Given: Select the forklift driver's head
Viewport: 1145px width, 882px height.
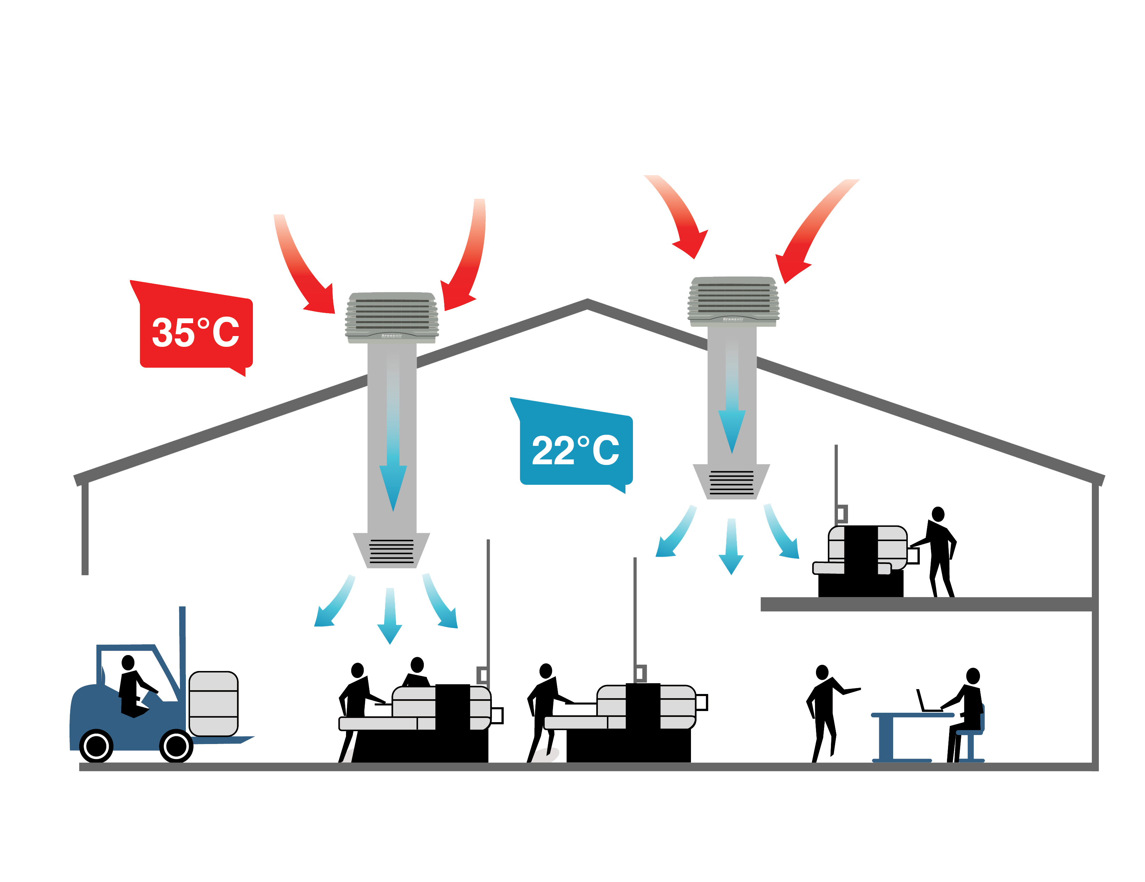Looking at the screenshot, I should (128, 663).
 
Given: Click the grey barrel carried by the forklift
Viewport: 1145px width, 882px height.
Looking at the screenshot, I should (213, 704).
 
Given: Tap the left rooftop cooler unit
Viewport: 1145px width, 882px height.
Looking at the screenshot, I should (392, 317).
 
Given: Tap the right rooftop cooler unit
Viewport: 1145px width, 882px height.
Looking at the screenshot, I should (733, 302).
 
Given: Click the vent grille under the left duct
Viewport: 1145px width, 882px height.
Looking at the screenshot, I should (392, 552).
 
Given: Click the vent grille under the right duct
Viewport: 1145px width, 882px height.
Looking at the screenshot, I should (731, 482).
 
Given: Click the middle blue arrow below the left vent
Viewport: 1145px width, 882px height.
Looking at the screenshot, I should (389, 616).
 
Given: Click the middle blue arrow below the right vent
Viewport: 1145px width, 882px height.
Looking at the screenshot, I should (731, 547).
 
